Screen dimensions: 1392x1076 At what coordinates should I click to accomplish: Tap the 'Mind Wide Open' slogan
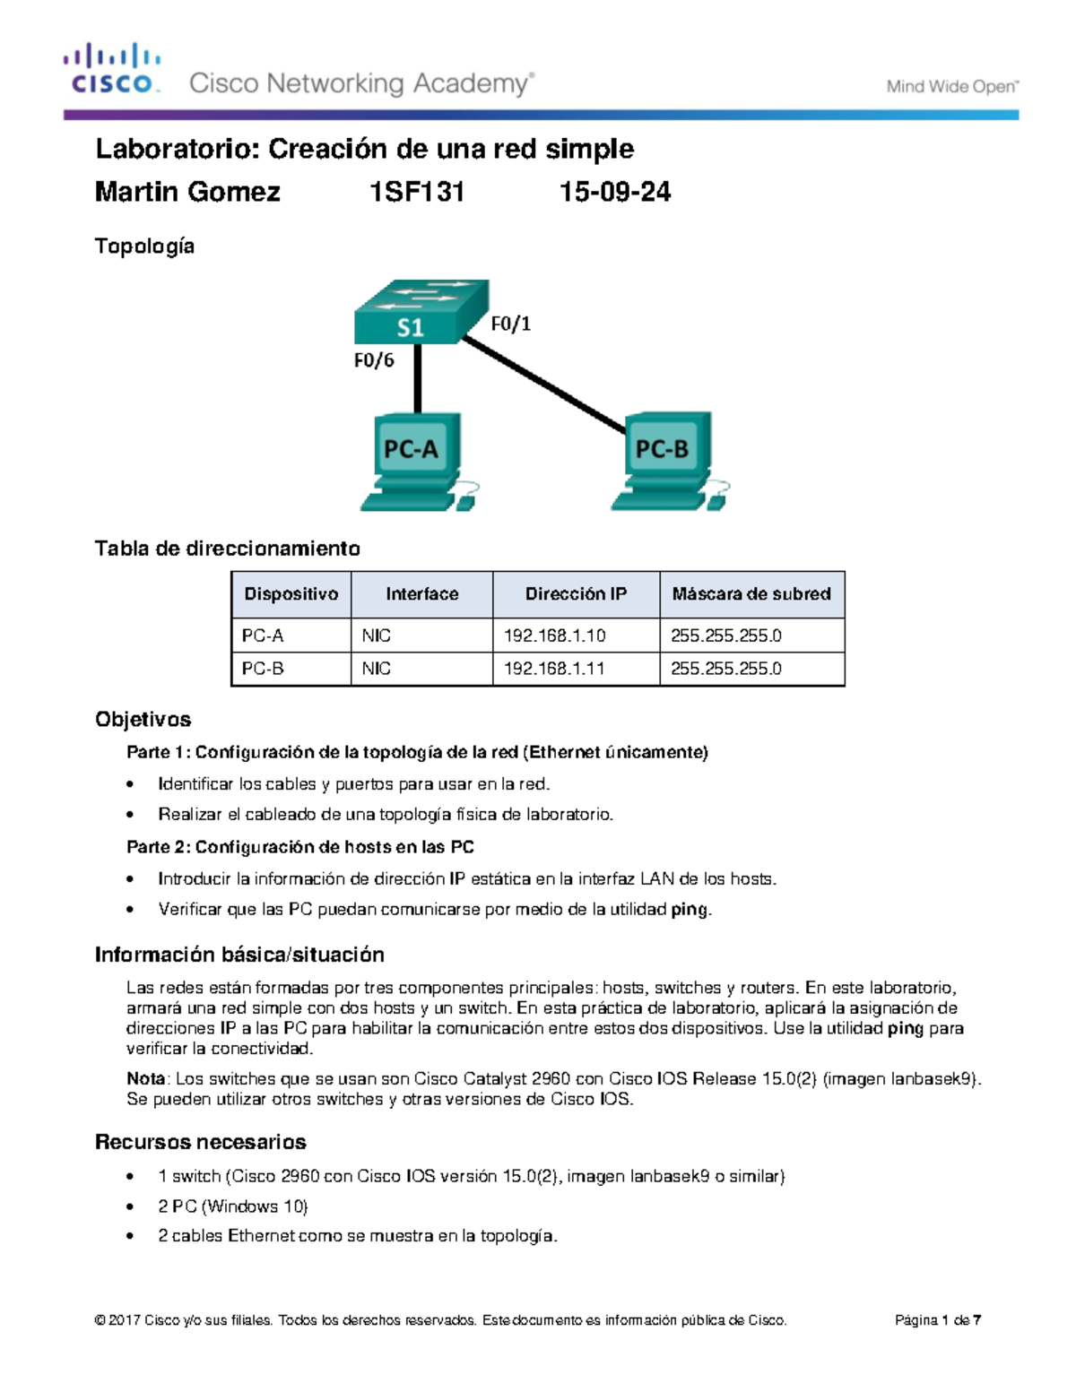[952, 87]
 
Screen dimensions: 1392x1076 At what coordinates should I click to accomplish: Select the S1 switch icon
[421, 312]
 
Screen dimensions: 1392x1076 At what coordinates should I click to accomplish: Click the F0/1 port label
[511, 324]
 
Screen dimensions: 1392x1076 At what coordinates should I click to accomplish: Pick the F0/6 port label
[374, 360]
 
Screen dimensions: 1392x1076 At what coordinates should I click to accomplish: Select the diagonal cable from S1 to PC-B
[542, 385]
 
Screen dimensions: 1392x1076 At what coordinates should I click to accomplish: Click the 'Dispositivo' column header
[291, 594]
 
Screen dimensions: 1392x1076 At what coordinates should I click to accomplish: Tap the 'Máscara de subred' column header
[751, 594]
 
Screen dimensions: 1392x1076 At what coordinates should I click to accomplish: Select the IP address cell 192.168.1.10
[554, 635]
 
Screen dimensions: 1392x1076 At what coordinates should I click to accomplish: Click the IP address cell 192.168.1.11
[554, 669]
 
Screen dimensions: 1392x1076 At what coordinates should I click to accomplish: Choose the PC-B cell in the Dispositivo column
[263, 669]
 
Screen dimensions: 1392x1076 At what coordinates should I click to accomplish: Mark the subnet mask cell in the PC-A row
[726, 635]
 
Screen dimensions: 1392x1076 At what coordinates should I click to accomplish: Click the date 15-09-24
[615, 192]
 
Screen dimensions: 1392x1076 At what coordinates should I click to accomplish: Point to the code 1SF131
[417, 192]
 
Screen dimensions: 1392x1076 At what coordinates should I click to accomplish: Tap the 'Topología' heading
[144, 246]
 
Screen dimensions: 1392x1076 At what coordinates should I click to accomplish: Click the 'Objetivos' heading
[143, 720]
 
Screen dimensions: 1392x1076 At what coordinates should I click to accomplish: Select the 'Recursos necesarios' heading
[200, 1142]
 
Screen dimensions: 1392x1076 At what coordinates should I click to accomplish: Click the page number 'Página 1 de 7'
[938, 1320]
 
